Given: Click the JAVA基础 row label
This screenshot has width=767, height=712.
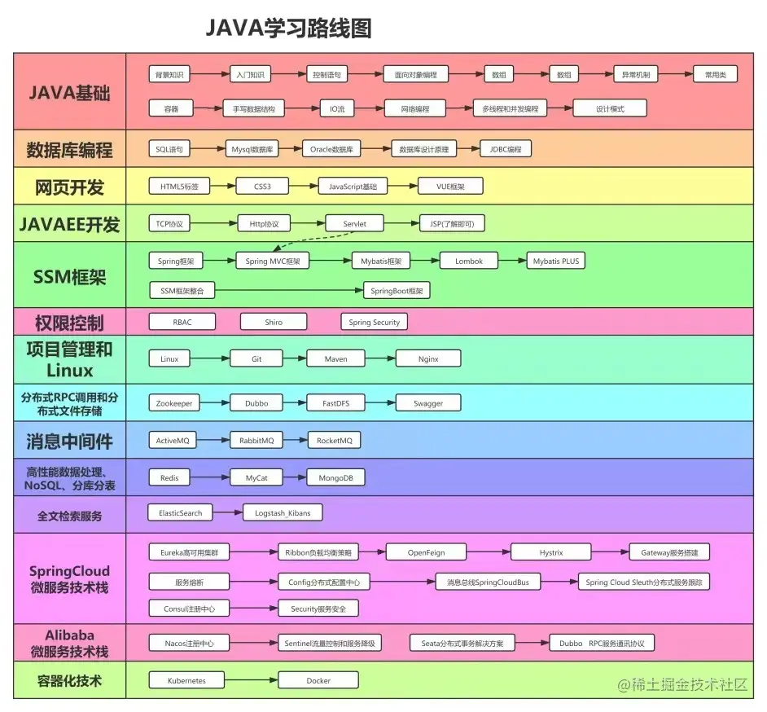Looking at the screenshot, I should [x=70, y=92].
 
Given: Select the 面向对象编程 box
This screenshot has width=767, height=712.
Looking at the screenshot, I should [x=415, y=74].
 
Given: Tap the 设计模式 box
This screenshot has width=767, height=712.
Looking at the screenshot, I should [x=610, y=108].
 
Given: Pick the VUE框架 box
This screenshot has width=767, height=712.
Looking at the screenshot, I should [x=449, y=187].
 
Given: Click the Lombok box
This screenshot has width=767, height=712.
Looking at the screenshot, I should [x=468, y=261].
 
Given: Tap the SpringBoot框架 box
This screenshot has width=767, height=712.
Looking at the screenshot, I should [x=397, y=290].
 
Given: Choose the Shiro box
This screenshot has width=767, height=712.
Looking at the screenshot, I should [x=274, y=322].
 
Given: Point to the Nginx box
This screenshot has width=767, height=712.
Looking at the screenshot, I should [x=428, y=358].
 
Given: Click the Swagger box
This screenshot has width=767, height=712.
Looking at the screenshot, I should [x=428, y=402].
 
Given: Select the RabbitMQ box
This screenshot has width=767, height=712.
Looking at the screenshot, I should [x=256, y=440].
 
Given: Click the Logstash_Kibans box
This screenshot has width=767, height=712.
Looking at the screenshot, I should [x=283, y=513].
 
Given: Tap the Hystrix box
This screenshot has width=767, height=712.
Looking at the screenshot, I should [x=550, y=552].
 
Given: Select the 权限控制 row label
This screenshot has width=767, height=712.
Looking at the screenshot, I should [x=70, y=322].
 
